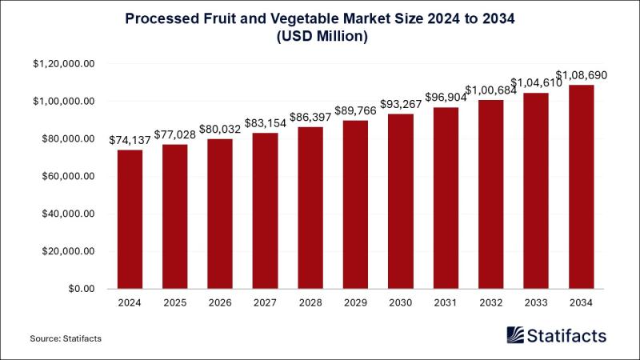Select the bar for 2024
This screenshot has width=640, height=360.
point(130,218)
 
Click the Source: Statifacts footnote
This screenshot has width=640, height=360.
point(66,339)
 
